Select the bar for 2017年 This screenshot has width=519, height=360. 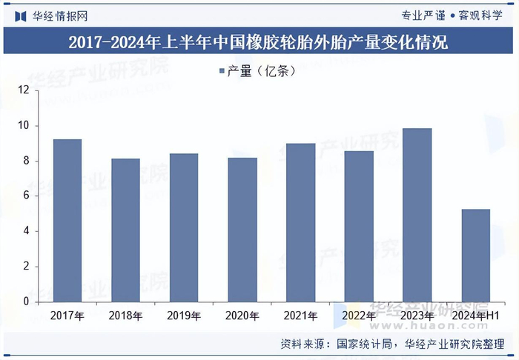pyautogui.click(x=67, y=221)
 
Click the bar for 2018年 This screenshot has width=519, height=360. pyautogui.click(x=126, y=230)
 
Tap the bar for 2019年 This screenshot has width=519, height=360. pyautogui.click(x=184, y=227)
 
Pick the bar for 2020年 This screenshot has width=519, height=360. pyautogui.click(x=242, y=230)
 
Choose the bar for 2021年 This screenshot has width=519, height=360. pyautogui.click(x=300, y=222)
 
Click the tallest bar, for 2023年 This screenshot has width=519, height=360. pyautogui.click(x=417, y=215)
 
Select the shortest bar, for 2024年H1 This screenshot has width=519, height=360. pyautogui.click(x=475, y=256)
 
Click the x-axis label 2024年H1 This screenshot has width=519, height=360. pyautogui.click(x=475, y=316)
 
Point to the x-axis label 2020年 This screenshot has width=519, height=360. pyautogui.click(x=242, y=316)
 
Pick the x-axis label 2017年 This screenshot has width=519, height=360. pyautogui.click(x=67, y=316)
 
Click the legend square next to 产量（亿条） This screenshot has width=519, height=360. pyautogui.click(x=222, y=71)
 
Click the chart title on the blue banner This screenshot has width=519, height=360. pyautogui.click(x=259, y=41)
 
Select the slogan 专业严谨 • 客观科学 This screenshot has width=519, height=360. pyautogui.click(x=455, y=15)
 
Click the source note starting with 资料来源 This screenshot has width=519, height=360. pyautogui.click(x=397, y=344)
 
